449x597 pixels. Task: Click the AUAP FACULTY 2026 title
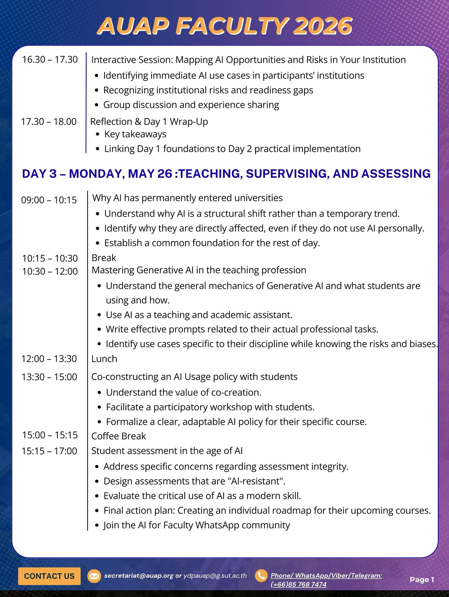tap(225, 26)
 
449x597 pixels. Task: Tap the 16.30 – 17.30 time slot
tap(50, 59)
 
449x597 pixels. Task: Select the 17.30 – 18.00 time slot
tap(49, 122)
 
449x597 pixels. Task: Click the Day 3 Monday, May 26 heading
tap(226, 174)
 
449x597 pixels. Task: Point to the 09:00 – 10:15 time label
tap(49, 200)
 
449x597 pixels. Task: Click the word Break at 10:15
tap(104, 258)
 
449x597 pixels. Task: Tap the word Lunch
tap(104, 359)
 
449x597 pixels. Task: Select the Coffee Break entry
tap(119, 436)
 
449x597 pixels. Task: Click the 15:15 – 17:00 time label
tap(49, 451)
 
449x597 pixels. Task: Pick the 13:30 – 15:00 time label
tap(49, 377)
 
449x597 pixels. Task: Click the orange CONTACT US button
tap(49, 576)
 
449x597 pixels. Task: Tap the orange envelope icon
tap(94, 576)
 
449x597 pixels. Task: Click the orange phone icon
tap(261, 576)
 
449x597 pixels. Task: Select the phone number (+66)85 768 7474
tap(298, 584)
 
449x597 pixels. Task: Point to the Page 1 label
tap(422, 580)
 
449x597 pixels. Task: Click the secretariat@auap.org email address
tap(138, 576)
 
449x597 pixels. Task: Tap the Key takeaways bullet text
tap(135, 134)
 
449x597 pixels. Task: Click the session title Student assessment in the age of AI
tap(167, 451)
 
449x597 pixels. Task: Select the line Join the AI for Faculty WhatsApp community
tap(197, 525)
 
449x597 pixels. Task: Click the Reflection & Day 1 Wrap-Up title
tap(149, 122)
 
